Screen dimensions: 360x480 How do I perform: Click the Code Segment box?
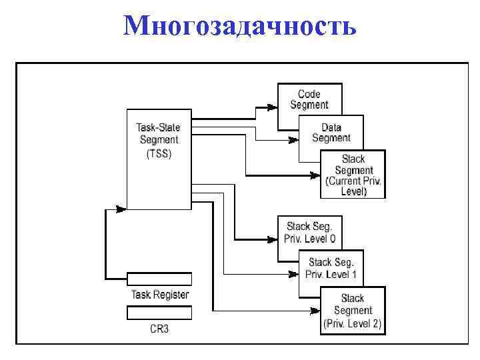tap(309, 99)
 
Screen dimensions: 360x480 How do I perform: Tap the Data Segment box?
tap(331, 132)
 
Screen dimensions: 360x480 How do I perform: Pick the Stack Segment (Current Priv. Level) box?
tap(353, 175)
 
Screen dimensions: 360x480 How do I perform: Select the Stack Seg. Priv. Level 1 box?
tap(331, 268)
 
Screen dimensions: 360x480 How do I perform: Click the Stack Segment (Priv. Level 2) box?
tap(353, 311)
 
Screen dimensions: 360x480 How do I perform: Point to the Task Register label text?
tap(159, 295)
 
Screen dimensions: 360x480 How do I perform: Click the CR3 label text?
tap(159, 329)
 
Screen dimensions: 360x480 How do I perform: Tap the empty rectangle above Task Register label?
tap(159, 279)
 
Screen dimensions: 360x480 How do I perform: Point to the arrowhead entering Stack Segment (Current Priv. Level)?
tap(314, 176)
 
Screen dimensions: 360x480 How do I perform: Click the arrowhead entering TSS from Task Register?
tap(121, 209)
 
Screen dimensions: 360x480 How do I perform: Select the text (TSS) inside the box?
tap(159, 153)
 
